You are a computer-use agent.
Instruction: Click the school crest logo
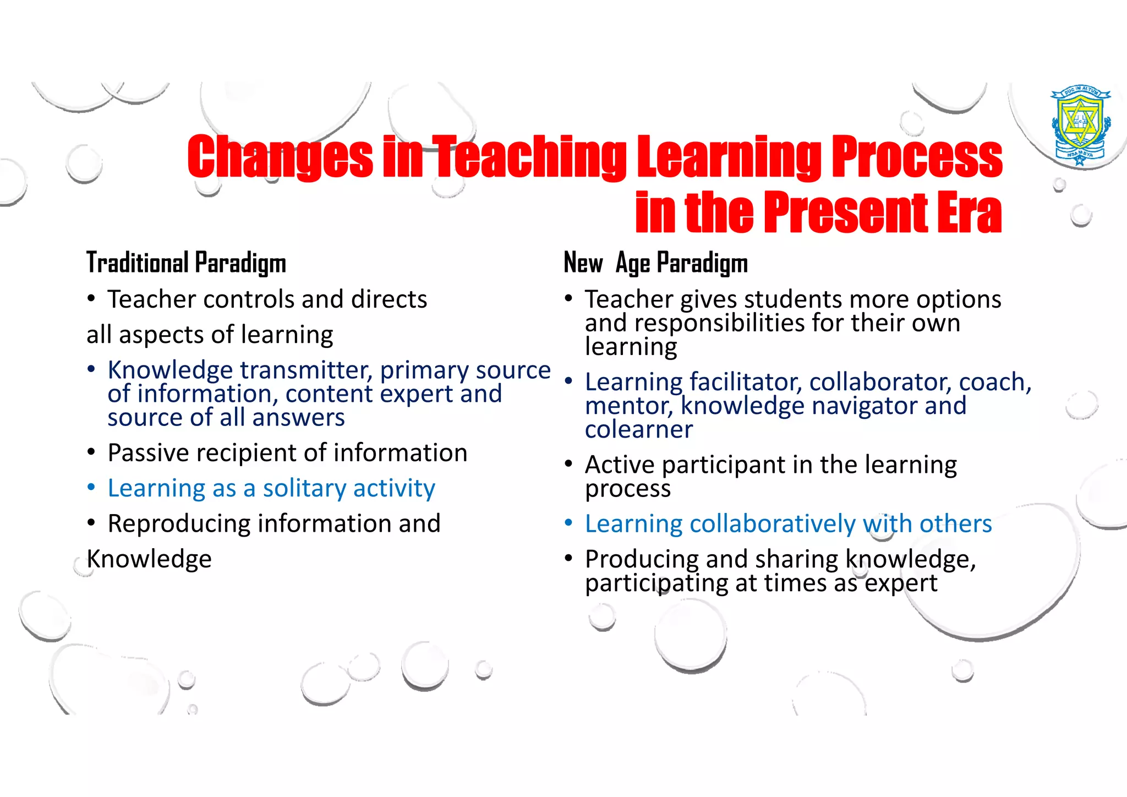click(1081, 125)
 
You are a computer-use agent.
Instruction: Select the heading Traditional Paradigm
click(186, 263)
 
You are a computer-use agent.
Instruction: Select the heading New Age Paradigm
click(655, 263)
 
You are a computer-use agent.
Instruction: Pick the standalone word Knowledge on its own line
click(149, 559)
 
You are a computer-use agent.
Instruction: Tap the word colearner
click(639, 429)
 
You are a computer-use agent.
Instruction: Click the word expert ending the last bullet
click(901, 583)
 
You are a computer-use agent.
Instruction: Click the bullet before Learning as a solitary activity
click(91, 488)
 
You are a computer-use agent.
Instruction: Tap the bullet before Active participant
click(568, 464)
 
